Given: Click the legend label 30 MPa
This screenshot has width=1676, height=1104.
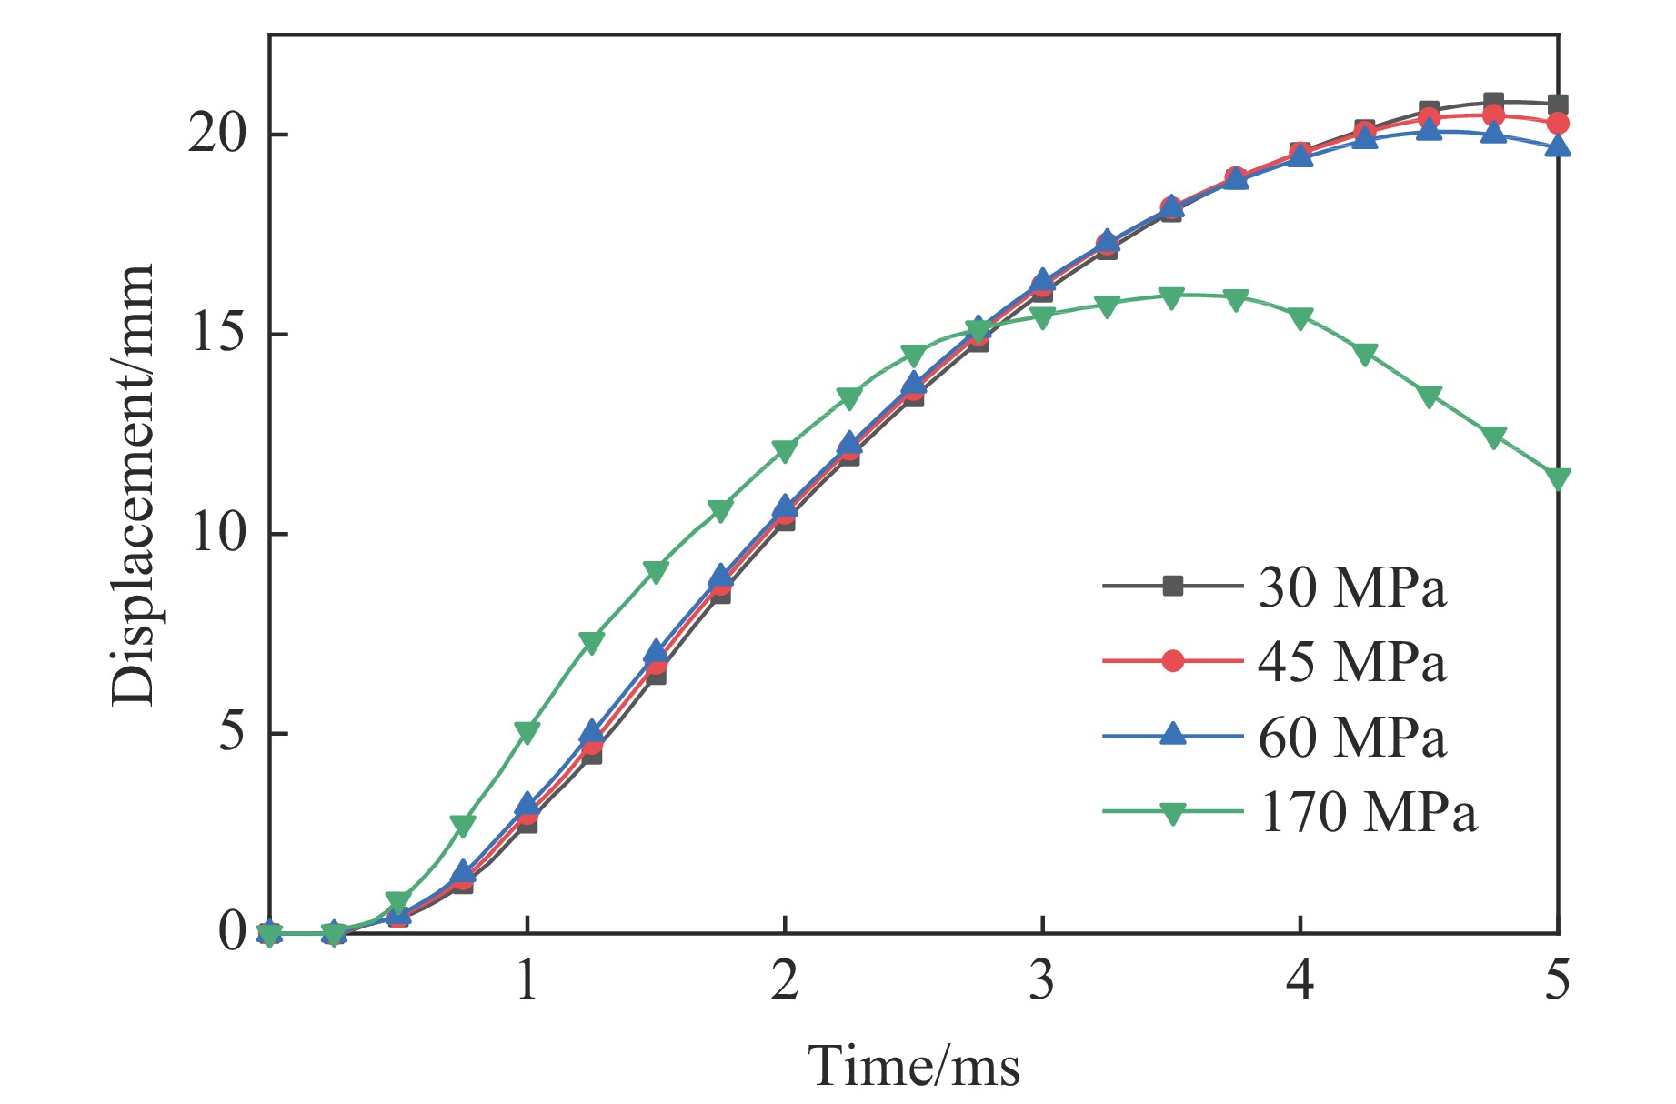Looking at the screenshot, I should click(1351, 588).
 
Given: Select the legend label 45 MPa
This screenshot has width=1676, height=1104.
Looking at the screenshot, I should click(1351, 662).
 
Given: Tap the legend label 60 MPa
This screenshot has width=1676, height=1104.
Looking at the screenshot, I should click(1351, 737).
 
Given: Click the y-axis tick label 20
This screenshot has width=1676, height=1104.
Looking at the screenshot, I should click(217, 135).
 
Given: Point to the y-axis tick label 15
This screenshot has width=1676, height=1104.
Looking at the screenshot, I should click(217, 334).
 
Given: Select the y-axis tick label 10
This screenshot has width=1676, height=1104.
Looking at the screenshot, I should click(217, 533).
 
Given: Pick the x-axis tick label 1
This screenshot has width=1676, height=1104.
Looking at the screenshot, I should click(527, 980).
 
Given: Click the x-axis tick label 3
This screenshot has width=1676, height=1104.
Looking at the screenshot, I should click(1042, 980).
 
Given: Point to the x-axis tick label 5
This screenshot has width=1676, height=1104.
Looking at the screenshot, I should click(1558, 980).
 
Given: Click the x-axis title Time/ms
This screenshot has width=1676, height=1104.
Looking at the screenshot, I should click(914, 1065).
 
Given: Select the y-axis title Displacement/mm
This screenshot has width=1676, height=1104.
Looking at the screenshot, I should click(133, 485).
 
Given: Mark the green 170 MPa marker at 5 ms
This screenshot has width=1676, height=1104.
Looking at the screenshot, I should click(1558, 478).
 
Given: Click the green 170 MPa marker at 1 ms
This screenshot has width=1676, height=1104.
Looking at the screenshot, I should click(527, 731).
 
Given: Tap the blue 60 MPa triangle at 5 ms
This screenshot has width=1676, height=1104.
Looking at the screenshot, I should click(1558, 146).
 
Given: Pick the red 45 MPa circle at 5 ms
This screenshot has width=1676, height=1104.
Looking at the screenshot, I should click(1558, 123).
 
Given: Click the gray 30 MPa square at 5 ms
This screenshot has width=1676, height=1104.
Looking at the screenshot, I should click(1558, 105).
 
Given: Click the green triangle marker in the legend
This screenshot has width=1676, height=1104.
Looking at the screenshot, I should click(1173, 812).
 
